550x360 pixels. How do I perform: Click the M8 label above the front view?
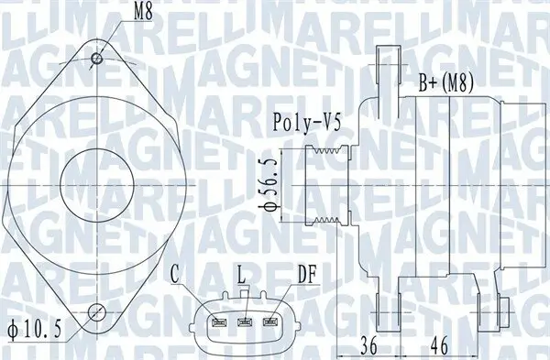pyautogui.click(x=143, y=13)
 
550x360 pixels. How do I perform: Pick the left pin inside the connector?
pyautogui.click(x=219, y=322)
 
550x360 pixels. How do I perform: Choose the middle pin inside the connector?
pyautogui.click(x=245, y=322)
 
